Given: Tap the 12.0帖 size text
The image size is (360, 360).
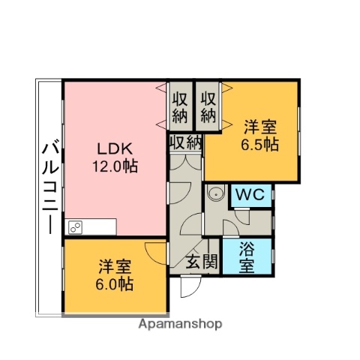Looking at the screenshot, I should click(x=115, y=166).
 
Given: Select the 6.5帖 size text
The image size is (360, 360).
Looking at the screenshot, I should click(x=260, y=143).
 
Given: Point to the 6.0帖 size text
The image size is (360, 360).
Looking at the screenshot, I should click(x=115, y=284).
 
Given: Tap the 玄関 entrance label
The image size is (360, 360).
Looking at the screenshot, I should click(x=202, y=262).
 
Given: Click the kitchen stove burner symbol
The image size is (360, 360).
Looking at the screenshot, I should click(x=75, y=226).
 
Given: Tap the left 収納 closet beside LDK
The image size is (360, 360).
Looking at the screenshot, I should click(x=180, y=107).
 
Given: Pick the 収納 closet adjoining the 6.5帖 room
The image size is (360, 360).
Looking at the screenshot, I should click(x=208, y=107).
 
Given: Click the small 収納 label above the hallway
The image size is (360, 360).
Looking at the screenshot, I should click(x=184, y=142).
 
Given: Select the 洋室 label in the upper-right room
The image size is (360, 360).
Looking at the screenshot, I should click(x=260, y=126).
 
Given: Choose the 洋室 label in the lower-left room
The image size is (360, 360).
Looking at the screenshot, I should click(x=115, y=266).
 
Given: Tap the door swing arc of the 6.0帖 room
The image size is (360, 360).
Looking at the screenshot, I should click(x=156, y=253).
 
